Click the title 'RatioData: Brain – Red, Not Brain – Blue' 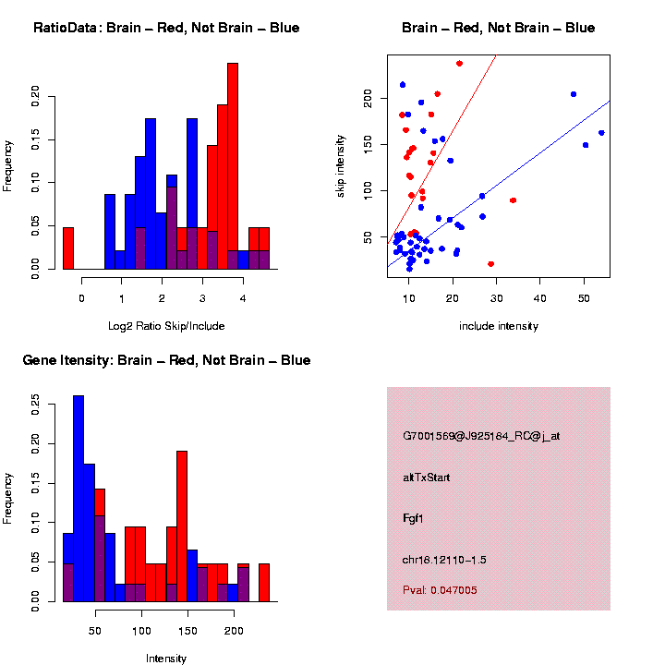click(166, 28)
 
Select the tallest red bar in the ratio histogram click(233, 166)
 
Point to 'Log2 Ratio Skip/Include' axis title click(166, 326)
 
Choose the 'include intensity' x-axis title click(499, 326)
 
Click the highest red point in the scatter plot click(459, 64)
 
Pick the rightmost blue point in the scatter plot click(601, 133)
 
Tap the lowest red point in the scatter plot click(490, 264)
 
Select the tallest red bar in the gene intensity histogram click(182, 526)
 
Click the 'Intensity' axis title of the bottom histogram click(166, 659)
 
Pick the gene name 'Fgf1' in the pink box click(413, 518)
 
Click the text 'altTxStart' click(427, 478)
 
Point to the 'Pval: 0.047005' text click(440, 590)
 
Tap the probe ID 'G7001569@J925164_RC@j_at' click(480, 436)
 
